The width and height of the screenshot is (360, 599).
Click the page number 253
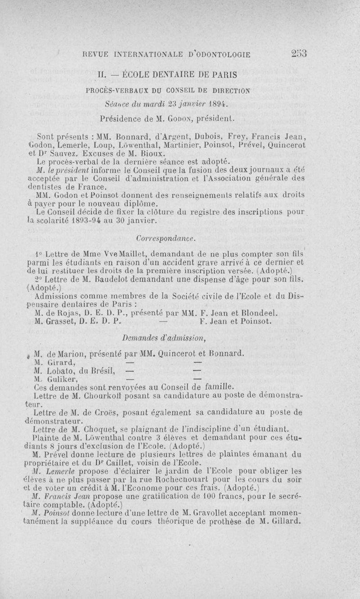[297, 54]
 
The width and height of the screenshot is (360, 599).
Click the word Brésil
[104, 371]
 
